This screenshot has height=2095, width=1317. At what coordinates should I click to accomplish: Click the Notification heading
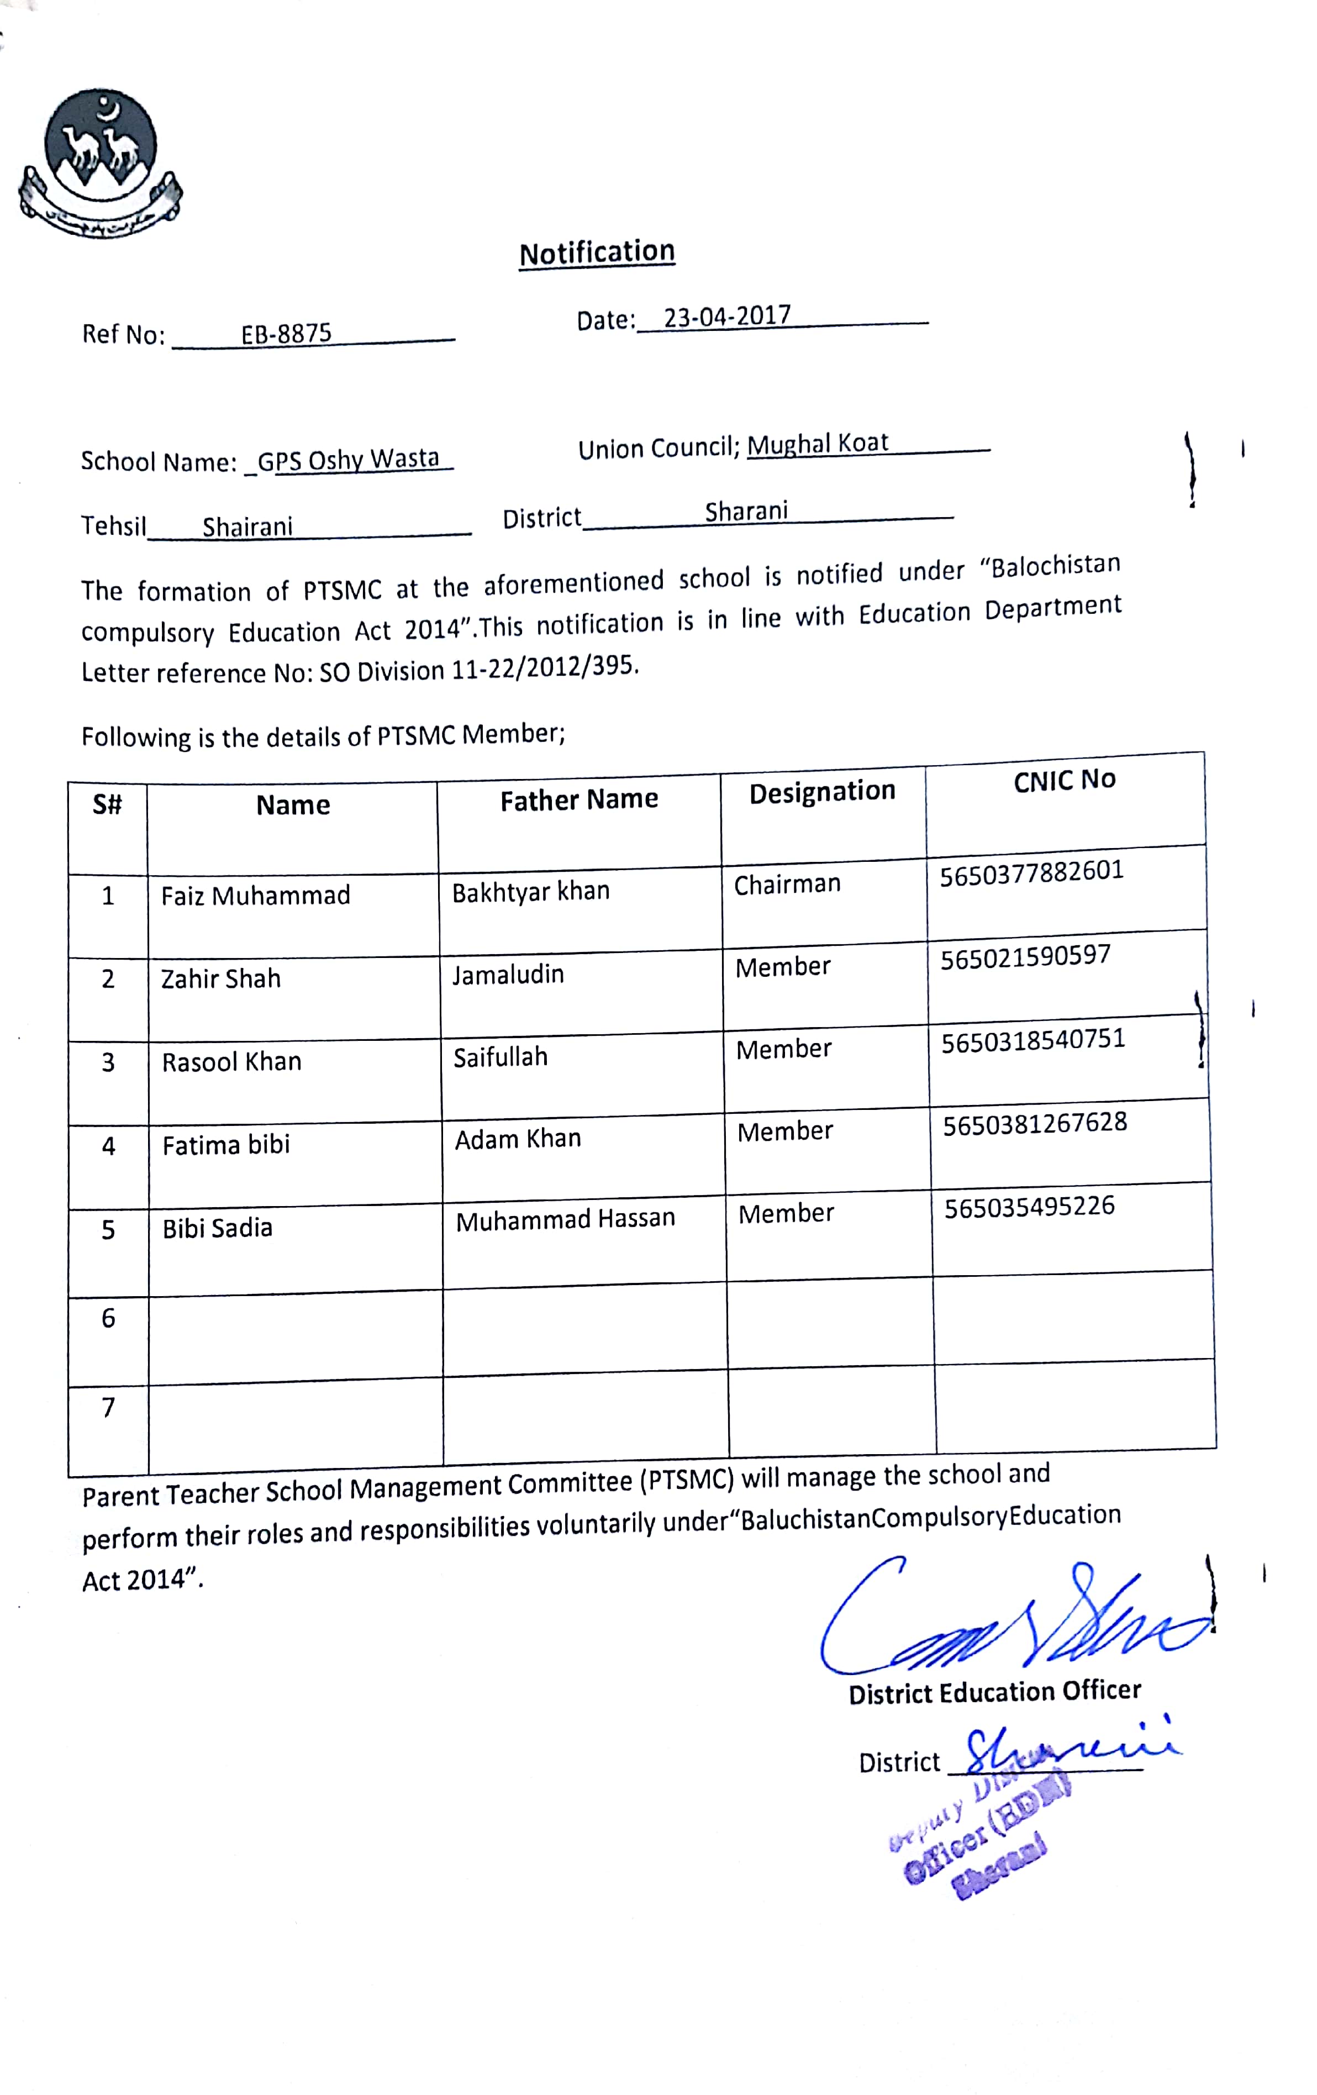tap(597, 252)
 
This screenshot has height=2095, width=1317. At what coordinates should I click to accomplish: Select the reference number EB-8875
tap(286, 333)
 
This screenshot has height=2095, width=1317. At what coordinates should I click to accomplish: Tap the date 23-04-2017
tap(727, 316)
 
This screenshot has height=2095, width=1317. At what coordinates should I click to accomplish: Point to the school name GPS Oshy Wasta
tap(348, 459)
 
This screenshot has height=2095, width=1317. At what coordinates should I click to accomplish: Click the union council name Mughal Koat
tap(818, 444)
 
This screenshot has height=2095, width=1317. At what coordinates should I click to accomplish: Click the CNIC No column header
tap(1064, 780)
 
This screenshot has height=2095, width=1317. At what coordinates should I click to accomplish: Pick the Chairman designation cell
tap(787, 884)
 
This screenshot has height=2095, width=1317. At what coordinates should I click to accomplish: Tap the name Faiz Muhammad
tap(255, 895)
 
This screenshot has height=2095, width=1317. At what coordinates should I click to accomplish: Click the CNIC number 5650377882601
tap(1032, 872)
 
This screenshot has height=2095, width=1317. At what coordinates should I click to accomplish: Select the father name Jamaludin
tap(508, 975)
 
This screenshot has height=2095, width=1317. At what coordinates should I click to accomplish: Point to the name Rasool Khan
tap(231, 1061)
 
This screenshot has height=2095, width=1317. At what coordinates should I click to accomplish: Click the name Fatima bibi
tap(226, 1144)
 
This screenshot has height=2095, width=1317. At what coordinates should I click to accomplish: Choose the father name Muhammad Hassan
tap(566, 1219)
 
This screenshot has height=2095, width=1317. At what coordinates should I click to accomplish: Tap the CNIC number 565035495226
tap(1029, 1207)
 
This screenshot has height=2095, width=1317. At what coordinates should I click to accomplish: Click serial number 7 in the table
tap(108, 1407)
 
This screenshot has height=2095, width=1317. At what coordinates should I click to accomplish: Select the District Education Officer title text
tap(994, 1691)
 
